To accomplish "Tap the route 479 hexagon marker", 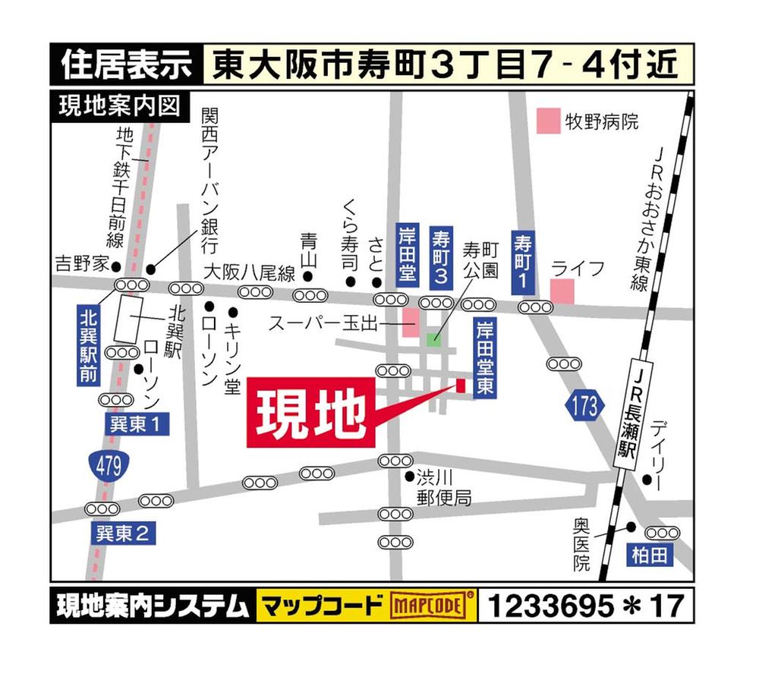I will [108, 466].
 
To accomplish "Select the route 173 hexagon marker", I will [585, 407].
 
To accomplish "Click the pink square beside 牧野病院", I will [546, 120].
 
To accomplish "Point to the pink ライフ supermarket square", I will [562, 291].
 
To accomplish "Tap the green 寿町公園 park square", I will [433, 339].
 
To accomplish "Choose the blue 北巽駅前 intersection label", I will [90, 344].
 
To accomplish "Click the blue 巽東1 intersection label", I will [137, 425].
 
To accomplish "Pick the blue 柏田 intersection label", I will [651, 555].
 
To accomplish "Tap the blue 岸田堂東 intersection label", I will [482, 360].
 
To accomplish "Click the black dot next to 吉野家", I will [116, 266].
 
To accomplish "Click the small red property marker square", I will [460, 385].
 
